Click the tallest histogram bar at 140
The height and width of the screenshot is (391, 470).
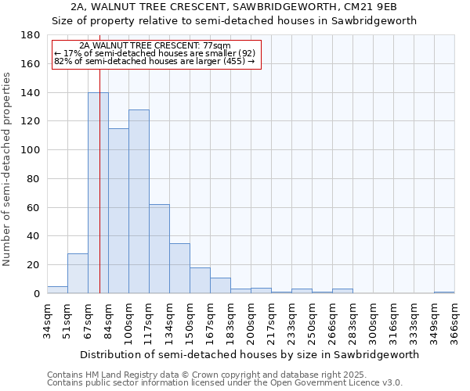pos(98,193)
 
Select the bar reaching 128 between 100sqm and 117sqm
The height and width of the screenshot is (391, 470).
pos(139,202)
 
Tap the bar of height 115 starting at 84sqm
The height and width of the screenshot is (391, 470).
pos(118,211)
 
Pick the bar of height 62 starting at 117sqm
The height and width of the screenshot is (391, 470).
pos(159,249)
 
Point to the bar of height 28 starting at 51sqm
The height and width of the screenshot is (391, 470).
pos(78,274)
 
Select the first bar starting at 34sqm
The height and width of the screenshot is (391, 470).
pos(57,290)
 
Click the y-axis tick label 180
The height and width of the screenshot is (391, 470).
pos(31,35)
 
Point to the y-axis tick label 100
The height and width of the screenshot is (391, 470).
pos(31,150)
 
